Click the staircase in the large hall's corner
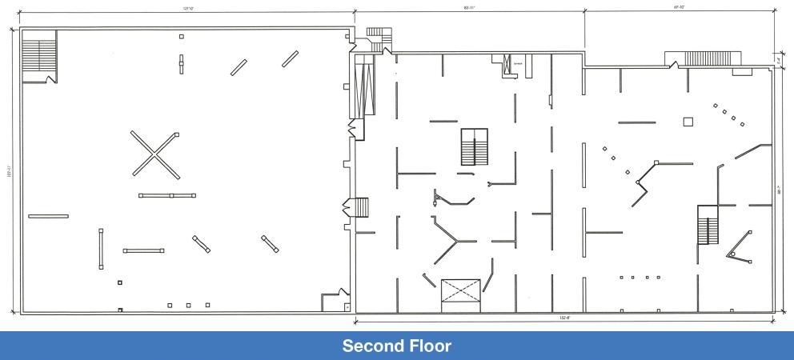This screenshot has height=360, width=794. coord(37,55)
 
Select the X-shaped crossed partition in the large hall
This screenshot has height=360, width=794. coord(155,154)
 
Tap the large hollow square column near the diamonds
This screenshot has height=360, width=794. coord(687,122)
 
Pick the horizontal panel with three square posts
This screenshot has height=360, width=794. coord(170,195)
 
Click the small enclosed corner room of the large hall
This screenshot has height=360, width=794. coord(332,302)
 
